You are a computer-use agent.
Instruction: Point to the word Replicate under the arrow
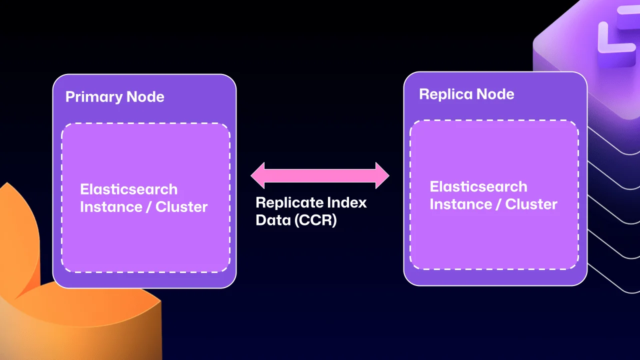(289, 202)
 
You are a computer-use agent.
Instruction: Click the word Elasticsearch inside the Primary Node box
(128, 189)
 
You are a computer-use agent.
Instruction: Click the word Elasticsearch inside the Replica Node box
(478, 187)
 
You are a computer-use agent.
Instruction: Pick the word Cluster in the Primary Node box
(181, 207)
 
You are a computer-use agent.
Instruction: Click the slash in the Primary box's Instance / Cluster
(147, 207)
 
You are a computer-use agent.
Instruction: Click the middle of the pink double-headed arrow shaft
(320, 175)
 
